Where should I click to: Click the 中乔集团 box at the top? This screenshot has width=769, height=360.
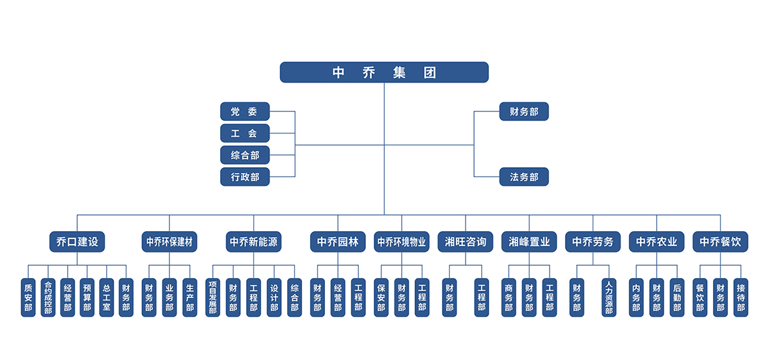(384, 72)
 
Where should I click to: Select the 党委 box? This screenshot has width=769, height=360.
(244, 112)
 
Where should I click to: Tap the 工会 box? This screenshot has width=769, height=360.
(244, 133)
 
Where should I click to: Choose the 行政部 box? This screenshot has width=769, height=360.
(244, 176)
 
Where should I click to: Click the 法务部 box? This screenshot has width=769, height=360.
(524, 176)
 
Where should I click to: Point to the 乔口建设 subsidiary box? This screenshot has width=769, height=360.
(77, 242)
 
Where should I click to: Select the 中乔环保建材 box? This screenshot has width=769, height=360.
(169, 242)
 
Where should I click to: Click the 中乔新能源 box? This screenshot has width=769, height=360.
(254, 242)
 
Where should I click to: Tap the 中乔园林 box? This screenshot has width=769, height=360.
(338, 242)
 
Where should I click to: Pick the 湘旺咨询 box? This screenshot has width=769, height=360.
(465, 242)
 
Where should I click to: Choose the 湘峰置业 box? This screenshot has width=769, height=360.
(529, 242)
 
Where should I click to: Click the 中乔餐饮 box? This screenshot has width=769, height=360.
(720, 242)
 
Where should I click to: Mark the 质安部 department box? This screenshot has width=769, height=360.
(28, 298)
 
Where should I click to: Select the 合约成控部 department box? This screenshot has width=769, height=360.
(48, 298)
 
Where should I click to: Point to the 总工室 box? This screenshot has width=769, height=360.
(106, 298)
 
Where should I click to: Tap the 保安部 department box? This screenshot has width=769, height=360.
(381, 298)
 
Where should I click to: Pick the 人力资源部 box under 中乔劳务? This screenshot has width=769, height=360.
(609, 298)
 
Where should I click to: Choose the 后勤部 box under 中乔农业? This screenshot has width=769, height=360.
(677, 298)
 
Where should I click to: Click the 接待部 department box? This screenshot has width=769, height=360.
(740, 298)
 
